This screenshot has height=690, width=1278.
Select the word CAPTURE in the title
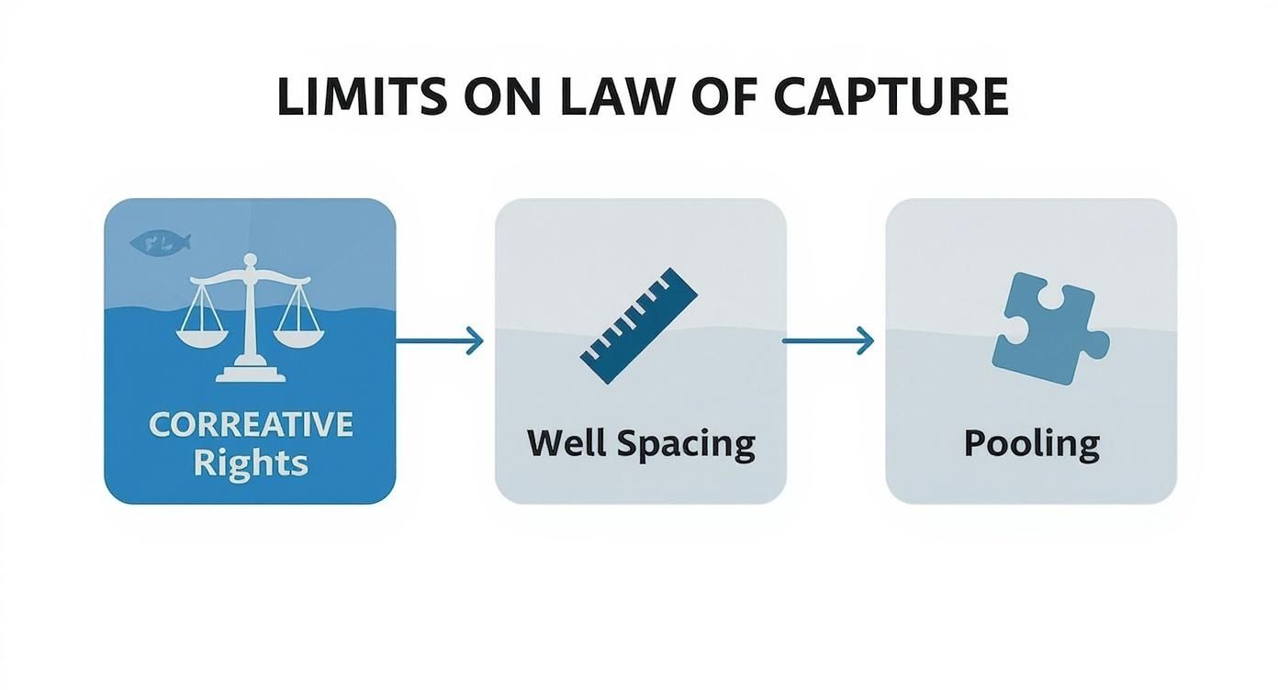(x=891, y=97)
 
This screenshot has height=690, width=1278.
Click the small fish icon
(x=161, y=242)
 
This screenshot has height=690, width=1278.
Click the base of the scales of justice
(x=249, y=372)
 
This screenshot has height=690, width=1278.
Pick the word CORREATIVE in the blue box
(x=250, y=424)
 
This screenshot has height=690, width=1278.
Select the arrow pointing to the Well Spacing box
(x=439, y=340)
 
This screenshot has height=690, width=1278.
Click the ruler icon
(x=639, y=325)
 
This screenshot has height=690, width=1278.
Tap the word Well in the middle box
(x=566, y=444)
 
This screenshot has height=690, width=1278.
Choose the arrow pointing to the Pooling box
(x=827, y=340)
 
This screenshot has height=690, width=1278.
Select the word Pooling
(x=1031, y=444)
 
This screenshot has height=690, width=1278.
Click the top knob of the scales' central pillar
(x=249, y=262)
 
